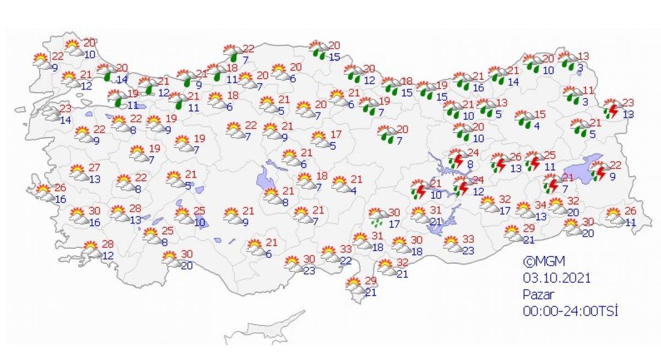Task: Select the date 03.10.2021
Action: point(556,278)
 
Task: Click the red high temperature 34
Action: point(541,206)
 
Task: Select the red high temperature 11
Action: point(589,90)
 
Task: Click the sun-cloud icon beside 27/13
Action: point(78,173)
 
